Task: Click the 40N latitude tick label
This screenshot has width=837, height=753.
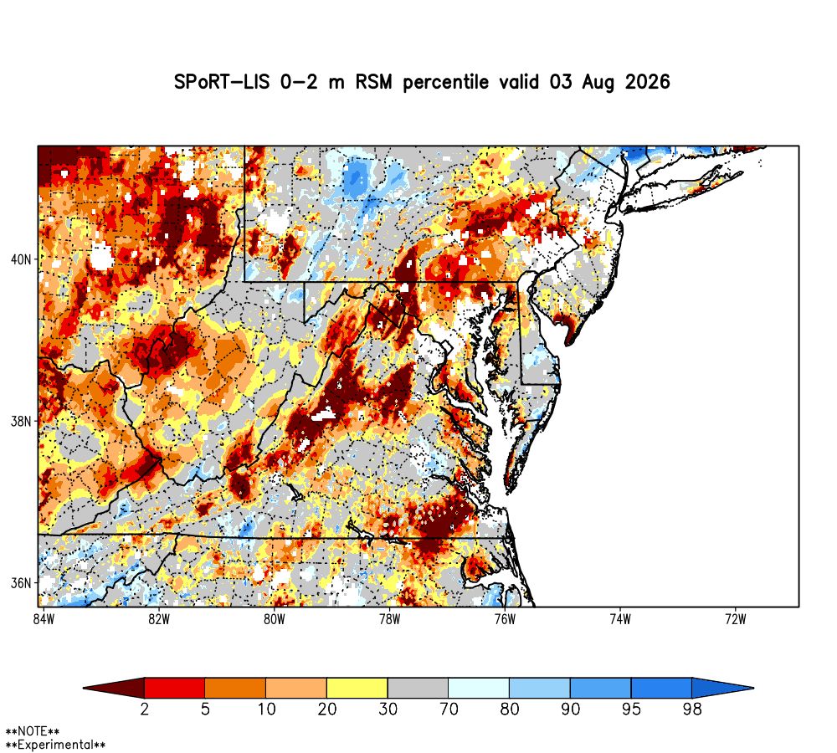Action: tap(21, 259)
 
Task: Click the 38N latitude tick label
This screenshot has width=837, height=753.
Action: tap(21, 421)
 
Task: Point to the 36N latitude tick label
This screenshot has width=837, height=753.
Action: tap(21, 583)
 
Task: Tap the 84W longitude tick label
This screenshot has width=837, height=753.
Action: tap(44, 619)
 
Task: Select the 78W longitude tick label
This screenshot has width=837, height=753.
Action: tap(390, 619)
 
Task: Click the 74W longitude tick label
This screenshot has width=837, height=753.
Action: tap(620, 619)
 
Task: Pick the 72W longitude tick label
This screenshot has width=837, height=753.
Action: tap(736, 619)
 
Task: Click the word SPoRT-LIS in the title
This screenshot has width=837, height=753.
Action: tap(222, 82)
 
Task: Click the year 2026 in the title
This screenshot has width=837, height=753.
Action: tap(647, 82)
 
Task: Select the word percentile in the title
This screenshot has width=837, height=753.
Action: tap(445, 83)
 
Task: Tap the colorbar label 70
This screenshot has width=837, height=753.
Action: tap(449, 709)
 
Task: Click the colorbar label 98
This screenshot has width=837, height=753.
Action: tap(692, 709)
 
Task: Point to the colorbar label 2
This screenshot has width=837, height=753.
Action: tap(144, 709)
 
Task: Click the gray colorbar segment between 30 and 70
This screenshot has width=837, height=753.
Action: tap(418, 688)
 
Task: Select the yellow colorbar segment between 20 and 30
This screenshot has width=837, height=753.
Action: tap(357, 688)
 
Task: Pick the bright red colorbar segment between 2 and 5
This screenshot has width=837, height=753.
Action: tap(175, 688)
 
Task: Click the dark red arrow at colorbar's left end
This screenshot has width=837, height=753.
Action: tap(117, 688)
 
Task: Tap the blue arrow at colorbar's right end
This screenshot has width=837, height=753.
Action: tap(721, 688)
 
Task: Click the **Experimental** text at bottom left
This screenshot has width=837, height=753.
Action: tap(55, 745)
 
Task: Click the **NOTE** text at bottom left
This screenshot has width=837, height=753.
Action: tap(32, 731)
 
